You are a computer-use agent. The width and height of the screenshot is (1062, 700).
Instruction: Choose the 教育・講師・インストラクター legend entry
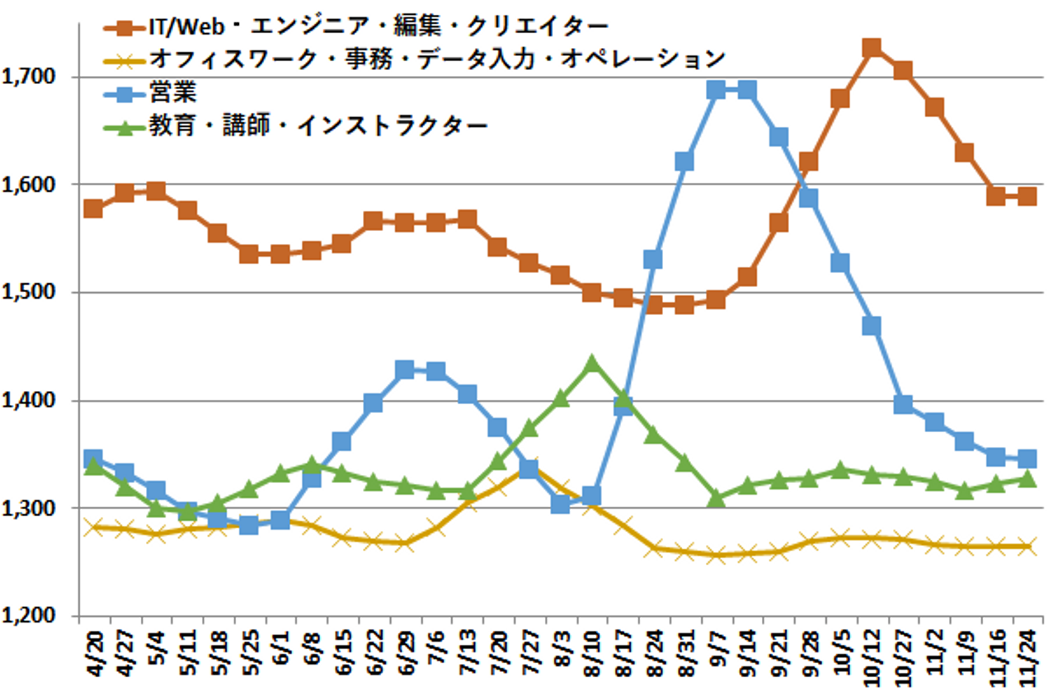318,126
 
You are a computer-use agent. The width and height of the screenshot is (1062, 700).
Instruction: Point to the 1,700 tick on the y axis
29,77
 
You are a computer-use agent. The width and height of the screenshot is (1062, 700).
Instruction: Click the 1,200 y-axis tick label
29,615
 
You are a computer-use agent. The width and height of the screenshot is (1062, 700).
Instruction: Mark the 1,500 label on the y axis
29,292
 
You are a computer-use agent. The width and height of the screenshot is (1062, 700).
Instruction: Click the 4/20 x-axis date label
94,654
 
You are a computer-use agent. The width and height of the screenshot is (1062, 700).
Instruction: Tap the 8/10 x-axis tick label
591,654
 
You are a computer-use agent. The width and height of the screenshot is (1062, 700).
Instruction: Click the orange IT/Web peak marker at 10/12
872,49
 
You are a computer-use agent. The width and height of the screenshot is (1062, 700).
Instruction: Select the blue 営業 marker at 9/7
715,90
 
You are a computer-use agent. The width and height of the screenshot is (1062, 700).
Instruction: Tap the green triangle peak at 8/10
591,364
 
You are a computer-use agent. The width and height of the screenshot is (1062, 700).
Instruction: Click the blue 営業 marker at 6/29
404,370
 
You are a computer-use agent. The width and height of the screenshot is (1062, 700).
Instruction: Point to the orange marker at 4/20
93,209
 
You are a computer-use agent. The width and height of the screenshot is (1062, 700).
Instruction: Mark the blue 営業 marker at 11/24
1027,459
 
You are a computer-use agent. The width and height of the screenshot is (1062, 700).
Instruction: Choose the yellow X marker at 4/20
93,527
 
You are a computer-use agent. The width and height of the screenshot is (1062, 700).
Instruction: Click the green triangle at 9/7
715,499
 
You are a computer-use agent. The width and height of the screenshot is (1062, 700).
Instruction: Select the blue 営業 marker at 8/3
560,505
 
